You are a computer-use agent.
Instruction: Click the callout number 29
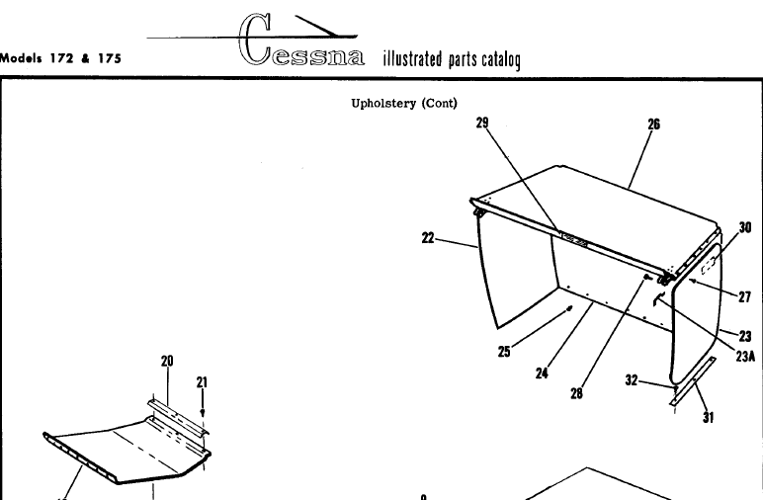click(x=482, y=123)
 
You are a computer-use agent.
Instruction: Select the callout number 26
click(x=653, y=125)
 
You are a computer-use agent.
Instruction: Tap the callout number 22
click(x=429, y=237)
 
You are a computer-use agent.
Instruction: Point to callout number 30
click(x=745, y=227)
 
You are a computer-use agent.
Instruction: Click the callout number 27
click(x=744, y=296)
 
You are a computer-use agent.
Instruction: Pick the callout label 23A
click(x=745, y=359)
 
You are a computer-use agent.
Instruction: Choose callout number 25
click(x=504, y=351)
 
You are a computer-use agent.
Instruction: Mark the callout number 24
click(x=542, y=373)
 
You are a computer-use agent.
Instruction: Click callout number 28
click(x=576, y=394)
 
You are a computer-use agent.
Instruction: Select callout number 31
click(x=708, y=416)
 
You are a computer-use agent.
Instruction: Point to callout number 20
click(x=167, y=361)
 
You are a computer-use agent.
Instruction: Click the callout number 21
click(x=202, y=381)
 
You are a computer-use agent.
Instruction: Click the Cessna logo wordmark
click(x=301, y=48)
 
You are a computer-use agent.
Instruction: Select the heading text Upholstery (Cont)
click(x=404, y=102)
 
